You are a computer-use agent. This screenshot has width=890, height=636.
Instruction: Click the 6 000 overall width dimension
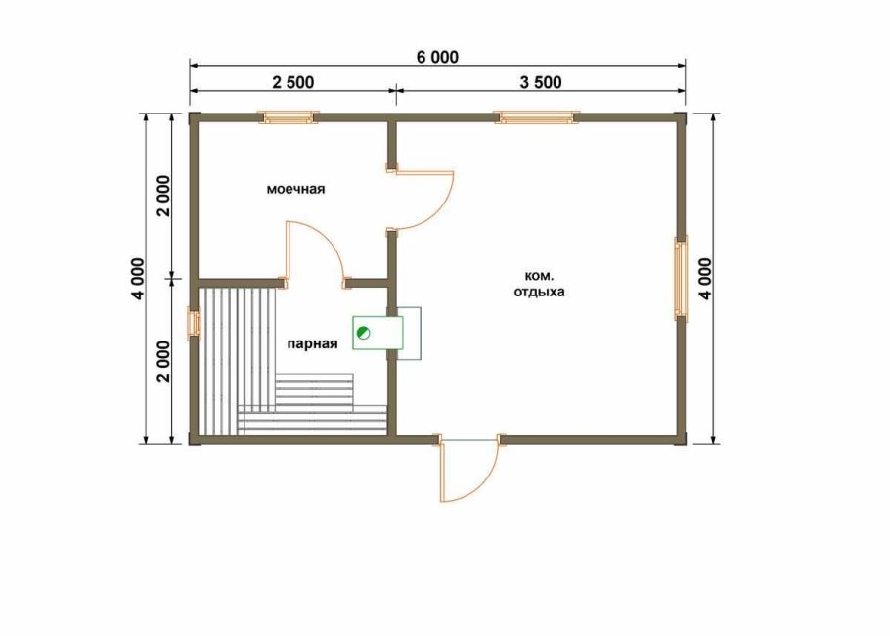pyautogui.click(x=437, y=58)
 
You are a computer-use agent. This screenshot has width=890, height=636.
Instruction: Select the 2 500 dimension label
pyautogui.click(x=292, y=82)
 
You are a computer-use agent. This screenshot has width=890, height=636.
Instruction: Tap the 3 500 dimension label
pyautogui.click(x=541, y=82)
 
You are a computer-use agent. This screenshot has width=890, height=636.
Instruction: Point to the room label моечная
pyautogui.click(x=295, y=189)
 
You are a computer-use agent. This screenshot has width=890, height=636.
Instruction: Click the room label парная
pyautogui.click(x=312, y=343)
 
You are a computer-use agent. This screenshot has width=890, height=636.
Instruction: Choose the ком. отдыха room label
pyautogui.click(x=539, y=284)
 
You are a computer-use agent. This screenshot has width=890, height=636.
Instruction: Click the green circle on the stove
pyautogui.click(x=362, y=333)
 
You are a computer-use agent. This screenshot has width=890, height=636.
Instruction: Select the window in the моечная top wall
pyautogui.click(x=289, y=117)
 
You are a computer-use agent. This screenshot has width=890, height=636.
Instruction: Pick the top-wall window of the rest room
pyautogui.click(x=536, y=117)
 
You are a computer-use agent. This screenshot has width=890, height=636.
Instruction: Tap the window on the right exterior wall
pyautogui.click(x=681, y=278)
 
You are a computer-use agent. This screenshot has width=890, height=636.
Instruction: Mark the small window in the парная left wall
pyautogui.click(x=194, y=324)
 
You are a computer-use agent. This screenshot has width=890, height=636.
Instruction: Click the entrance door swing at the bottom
pyautogui.click(x=468, y=468)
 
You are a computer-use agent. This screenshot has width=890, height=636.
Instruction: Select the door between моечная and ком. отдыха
pyautogui.click(x=422, y=200)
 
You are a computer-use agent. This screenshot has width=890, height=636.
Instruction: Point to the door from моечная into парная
pyautogui.click(x=315, y=254)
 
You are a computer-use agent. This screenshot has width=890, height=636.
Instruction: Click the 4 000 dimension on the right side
pyautogui.click(x=705, y=279)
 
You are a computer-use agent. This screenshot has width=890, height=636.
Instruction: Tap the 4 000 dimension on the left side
pyautogui.click(x=138, y=279)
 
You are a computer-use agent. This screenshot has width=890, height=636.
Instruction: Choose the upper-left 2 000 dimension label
pyautogui.click(x=163, y=197)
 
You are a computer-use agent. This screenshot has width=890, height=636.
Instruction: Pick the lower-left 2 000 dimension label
pyautogui.click(x=163, y=361)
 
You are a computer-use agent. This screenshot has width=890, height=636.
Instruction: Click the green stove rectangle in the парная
pyautogui.click(x=378, y=334)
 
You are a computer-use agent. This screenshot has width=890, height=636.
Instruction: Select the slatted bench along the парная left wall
pyautogui.click(x=237, y=361)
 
